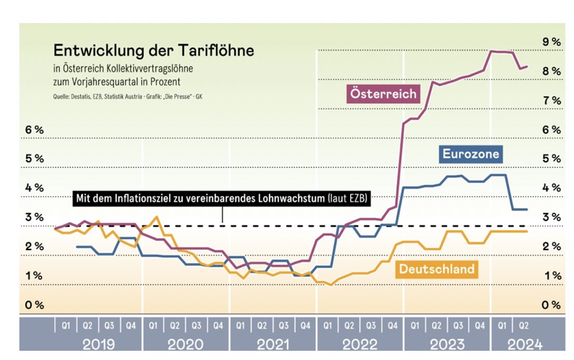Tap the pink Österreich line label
coord(383,93)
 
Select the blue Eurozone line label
coord(471,154)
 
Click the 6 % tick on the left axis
coord(35,130)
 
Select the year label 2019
coord(98,344)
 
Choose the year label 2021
coord(273,344)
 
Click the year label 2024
coord(524,344)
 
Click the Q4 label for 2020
coord(217,325)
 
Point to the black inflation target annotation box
coord(222,199)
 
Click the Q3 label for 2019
coord(109,325)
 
